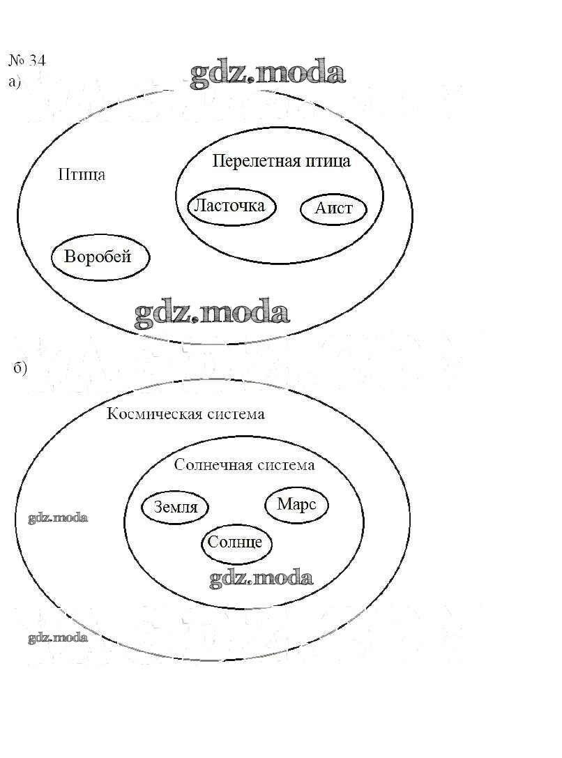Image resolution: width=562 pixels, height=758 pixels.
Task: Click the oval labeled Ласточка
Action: (x=231, y=206)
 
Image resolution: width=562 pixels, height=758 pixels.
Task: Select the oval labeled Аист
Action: (x=333, y=209)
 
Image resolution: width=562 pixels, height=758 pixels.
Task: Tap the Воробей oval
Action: (x=100, y=257)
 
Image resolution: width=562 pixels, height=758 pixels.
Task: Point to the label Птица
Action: (x=82, y=174)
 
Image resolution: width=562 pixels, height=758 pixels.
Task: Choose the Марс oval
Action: (x=296, y=504)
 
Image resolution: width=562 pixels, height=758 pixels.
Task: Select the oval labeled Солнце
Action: (x=236, y=542)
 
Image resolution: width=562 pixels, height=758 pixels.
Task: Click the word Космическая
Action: (x=154, y=414)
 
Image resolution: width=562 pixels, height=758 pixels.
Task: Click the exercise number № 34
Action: (x=27, y=61)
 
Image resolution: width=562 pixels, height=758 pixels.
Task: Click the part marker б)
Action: (x=20, y=369)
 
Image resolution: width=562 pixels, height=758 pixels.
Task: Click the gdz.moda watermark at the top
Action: (x=268, y=74)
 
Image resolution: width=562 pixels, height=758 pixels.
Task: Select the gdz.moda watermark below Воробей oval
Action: (x=211, y=314)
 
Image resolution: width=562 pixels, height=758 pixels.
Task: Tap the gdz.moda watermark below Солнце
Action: (x=261, y=578)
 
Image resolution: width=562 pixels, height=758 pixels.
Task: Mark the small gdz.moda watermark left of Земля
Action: (x=58, y=518)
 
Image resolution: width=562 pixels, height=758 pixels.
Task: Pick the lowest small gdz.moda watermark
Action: (x=58, y=637)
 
